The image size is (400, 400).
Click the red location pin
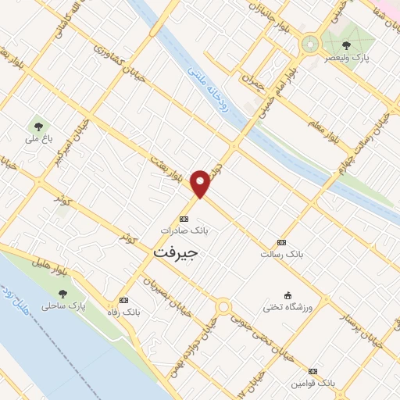pyautogui.click(x=201, y=182)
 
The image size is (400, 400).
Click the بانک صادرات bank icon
pyautogui.click(x=184, y=219)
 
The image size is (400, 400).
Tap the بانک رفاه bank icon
pyautogui.click(x=123, y=300)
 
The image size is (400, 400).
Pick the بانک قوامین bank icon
pyautogui.click(x=312, y=371)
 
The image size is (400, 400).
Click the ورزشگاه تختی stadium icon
pyautogui.click(x=287, y=295)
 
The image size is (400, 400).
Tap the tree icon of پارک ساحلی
pyautogui.click(x=62, y=293)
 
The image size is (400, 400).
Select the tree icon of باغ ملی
pyautogui.click(x=36, y=125)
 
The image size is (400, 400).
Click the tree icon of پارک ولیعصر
pyautogui.click(x=346, y=45)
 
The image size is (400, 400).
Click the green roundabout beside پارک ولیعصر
pyautogui.click(x=311, y=43)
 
